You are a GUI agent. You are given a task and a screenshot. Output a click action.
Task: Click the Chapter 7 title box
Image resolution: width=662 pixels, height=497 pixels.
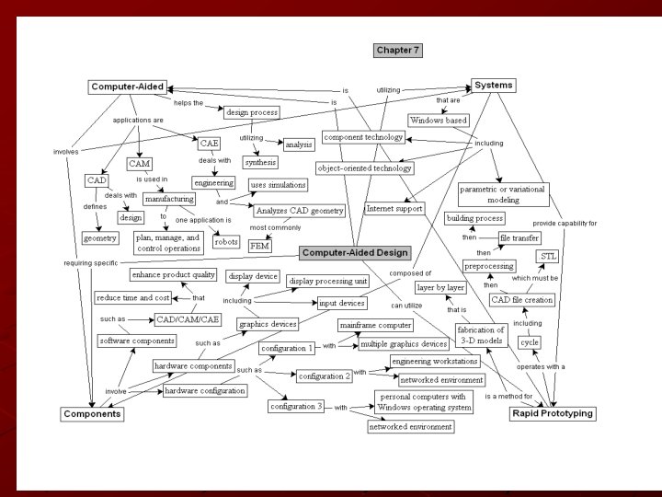point(398,50)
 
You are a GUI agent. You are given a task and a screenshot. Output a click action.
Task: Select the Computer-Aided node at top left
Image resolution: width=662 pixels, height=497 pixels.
point(128,87)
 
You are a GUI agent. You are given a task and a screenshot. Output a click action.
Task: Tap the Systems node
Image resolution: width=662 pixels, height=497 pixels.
point(494,85)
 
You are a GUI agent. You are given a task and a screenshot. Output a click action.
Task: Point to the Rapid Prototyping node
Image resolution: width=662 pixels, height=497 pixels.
point(552,413)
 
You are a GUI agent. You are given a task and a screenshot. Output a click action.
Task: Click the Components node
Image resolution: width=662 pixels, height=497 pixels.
point(92,414)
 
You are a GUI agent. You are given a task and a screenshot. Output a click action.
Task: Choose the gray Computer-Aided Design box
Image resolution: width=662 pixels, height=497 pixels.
point(354,252)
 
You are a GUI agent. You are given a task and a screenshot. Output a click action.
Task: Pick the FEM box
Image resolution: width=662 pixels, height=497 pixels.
point(259,247)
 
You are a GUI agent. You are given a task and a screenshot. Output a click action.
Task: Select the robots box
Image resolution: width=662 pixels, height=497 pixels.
point(225,241)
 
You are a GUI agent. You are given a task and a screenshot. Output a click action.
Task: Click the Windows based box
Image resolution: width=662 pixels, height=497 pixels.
point(439,120)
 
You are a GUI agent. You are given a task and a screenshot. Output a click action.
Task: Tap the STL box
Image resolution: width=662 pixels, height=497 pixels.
point(548,255)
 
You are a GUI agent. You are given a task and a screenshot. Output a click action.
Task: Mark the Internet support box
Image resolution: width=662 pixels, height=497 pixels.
point(394,208)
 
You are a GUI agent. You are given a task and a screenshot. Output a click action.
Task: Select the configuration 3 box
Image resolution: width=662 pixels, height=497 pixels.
point(296,406)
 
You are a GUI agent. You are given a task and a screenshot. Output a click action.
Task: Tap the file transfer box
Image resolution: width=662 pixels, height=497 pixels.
point(518,237)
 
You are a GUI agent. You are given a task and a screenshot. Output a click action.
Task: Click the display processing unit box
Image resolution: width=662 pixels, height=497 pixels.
point(327,280)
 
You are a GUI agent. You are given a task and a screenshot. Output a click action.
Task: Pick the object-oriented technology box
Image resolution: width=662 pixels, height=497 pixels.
point(364,168)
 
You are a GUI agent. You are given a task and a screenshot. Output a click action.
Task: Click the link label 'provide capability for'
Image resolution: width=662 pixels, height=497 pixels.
point(565,224)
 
